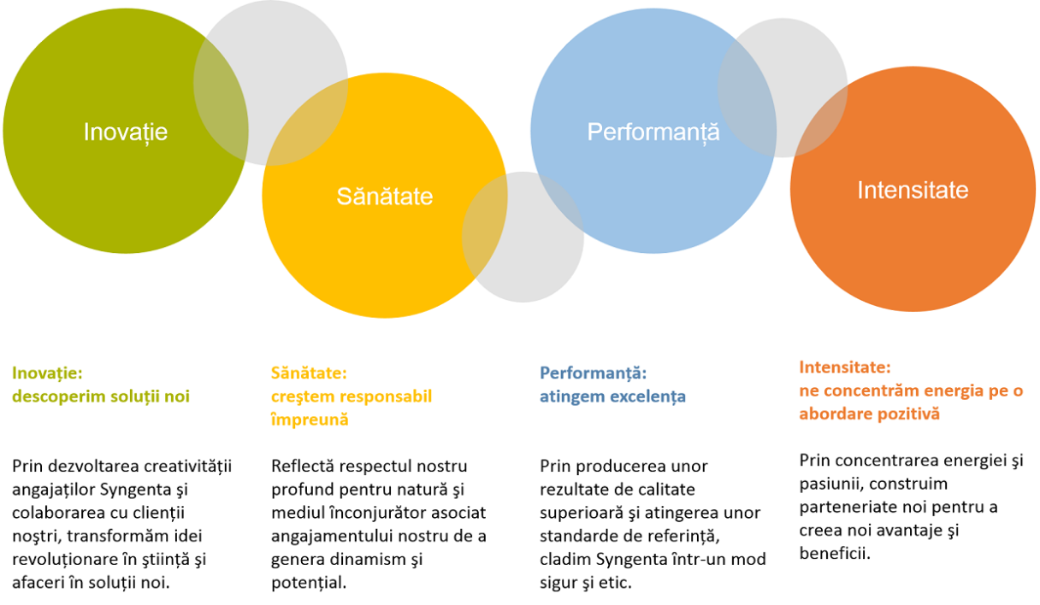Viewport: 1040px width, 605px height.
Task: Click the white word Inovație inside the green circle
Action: [126, 133]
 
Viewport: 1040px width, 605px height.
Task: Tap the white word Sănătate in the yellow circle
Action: [384, 196]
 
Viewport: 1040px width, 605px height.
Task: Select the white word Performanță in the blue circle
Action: [653, 133]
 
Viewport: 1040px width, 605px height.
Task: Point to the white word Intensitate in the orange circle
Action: [913, 190]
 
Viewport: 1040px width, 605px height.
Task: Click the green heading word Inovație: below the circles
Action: [47, 373]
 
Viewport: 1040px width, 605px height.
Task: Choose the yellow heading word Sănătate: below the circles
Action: [309, 373]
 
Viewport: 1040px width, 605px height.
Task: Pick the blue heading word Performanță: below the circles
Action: [593, 373]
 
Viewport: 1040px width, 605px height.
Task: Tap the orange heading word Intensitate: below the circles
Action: [845, 367]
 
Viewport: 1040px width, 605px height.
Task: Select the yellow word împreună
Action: [310, 420]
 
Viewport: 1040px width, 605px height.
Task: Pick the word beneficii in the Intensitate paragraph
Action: [835, 554]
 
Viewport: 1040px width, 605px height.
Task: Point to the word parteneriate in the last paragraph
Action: [846, 508]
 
